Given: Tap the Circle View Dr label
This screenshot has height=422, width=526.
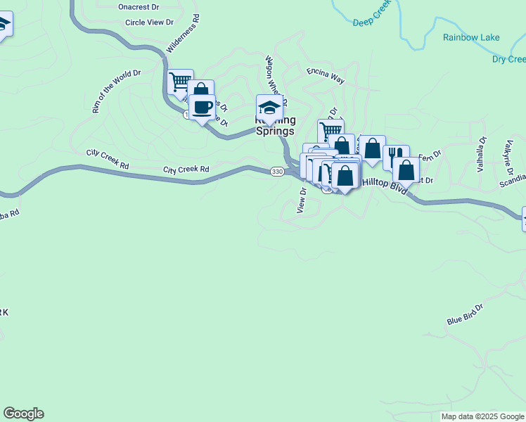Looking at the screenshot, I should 149,23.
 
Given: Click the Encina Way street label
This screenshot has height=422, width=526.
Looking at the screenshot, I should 325,76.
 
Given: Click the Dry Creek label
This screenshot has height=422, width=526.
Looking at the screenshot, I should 508,60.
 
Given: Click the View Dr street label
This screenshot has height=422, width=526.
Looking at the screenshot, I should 302,200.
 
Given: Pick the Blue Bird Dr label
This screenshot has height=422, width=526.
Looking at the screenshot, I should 466,314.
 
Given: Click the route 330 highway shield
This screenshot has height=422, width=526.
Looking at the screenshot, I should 277,172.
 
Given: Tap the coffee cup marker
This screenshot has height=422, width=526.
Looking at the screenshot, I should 203,108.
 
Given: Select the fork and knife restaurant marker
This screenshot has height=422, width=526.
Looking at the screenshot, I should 396,156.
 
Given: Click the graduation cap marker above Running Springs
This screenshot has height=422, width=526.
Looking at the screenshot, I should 269,108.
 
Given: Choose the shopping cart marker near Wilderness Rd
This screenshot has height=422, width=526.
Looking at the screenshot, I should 181,81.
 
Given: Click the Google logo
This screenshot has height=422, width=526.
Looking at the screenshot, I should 23,414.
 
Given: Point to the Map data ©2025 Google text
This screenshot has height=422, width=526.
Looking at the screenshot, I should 482,416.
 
